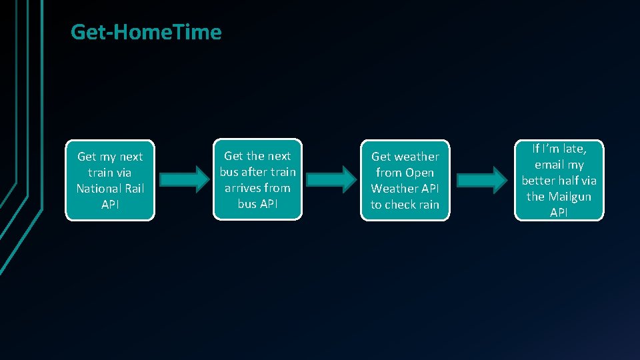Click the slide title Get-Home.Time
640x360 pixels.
pyautogui.click(x=146, y=32)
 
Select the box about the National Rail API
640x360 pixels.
pyautogui.click(x=110, y=180)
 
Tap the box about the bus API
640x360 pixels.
pyautogui.click(x=257, y=179)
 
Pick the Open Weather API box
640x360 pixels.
pyautogui.click(x=405, y=180)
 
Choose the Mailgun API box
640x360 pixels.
pyautogui.click(x=559, y=180)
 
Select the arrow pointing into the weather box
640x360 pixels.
pyautogui.click(x=331, y=179)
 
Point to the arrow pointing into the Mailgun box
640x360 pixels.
pyautogui.click(x=481, y=179)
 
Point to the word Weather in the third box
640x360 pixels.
pyautogui.click(x=392, y=189)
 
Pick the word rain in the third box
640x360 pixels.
pyautogui.click(x=427, y=205)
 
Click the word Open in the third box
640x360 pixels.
pyautogui.click(x=419, y=173)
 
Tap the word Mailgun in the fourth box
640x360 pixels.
pyautogui.click(x=569, y=197)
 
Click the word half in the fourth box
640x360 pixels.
pyautogui.click(x=571, y=181)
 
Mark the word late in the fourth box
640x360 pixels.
pyautogui.click(x=573, y=149)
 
